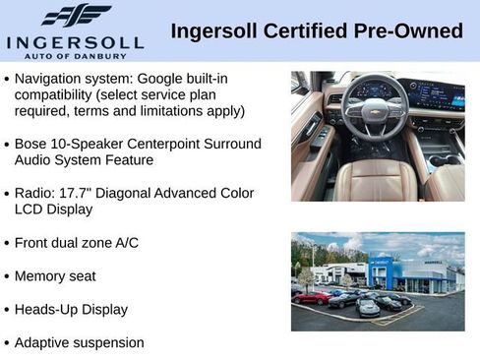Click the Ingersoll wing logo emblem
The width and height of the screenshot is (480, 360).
coord(76,16)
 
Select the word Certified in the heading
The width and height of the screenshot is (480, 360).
coord(296,31)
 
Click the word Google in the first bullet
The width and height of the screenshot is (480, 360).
coord(167,78)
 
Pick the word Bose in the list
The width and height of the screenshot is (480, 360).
coord(31,144)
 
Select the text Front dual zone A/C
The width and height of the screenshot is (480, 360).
coord(77,243)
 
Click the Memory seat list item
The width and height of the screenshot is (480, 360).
coord(55,276)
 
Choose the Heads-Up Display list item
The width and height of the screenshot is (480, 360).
coord(71,310)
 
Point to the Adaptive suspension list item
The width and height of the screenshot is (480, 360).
coord(79,343)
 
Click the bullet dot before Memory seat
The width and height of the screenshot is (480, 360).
coord(8,277)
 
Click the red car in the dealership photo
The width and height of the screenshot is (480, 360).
coord(312,298)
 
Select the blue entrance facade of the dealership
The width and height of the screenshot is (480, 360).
coord(381,274)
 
